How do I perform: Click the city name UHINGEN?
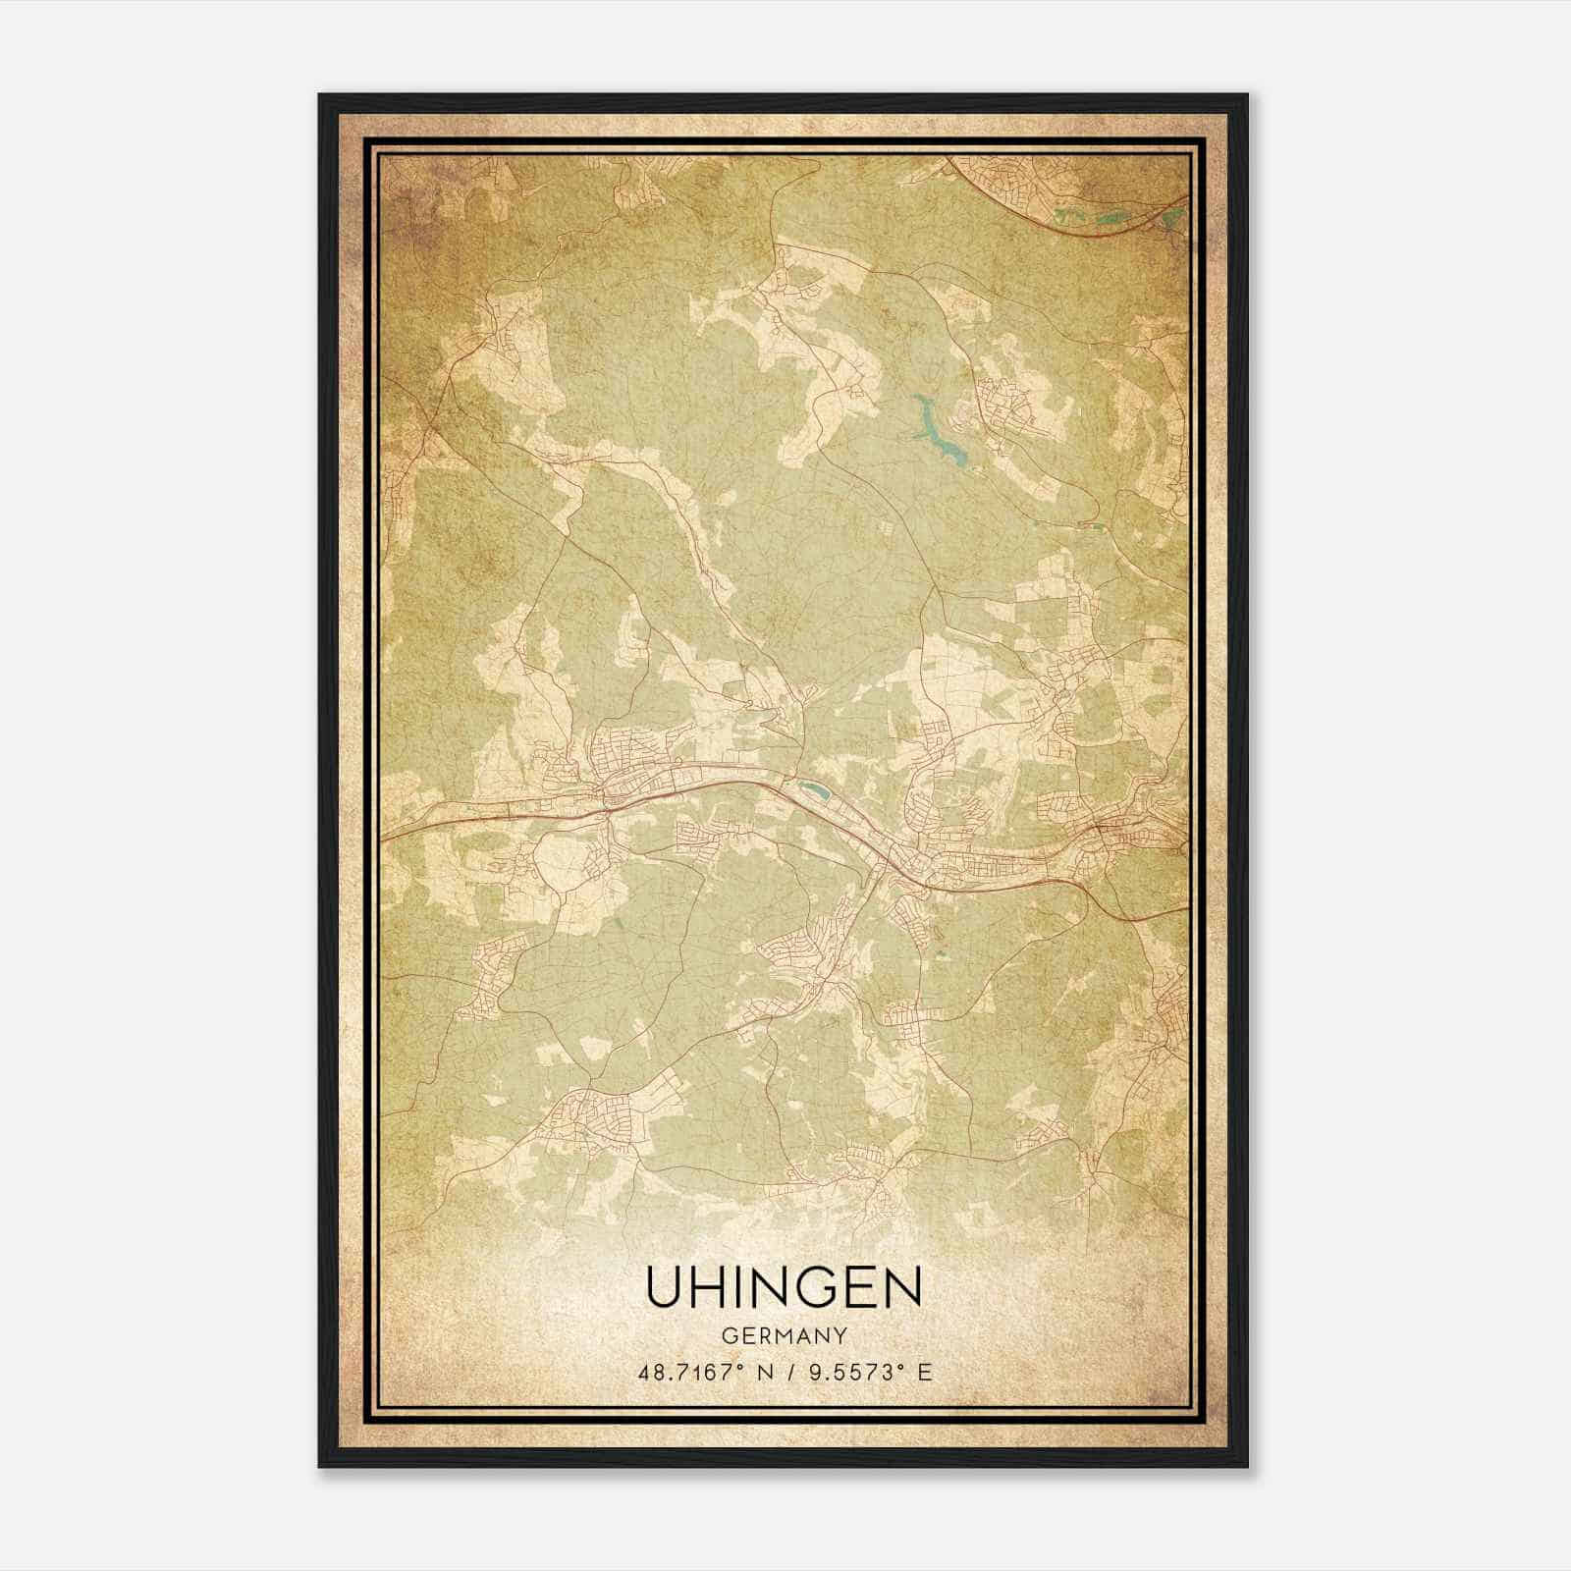click(x=784, y=1287)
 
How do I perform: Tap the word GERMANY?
click(x=784, y=1335)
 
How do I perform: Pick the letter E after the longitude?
click(x=923, y=1373)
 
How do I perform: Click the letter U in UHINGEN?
click(x=663, y=1287)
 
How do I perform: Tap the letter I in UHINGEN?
click(x=738, y=1287)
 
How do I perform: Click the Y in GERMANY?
click(x=841, y=1335)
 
